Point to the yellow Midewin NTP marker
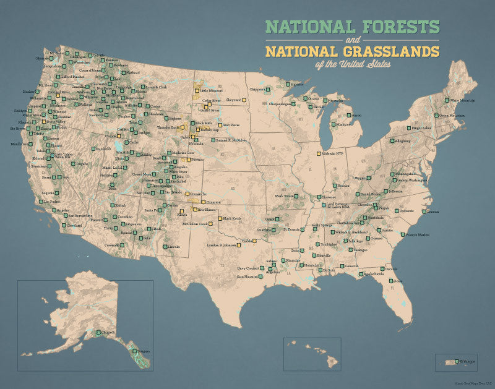(x=319, y=153)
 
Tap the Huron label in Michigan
(x=355, y=115)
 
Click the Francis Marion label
(x=415, y=235)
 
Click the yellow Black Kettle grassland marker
(x=220, y=218)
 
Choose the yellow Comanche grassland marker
(x=192, y=194)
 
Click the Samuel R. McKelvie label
(x=232, y=140)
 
